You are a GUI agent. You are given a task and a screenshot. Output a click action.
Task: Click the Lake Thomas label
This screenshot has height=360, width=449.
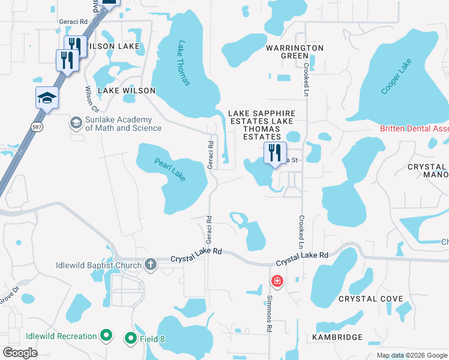[183, 63]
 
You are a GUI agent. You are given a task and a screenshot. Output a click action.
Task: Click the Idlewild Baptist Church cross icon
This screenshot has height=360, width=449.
[150, 265]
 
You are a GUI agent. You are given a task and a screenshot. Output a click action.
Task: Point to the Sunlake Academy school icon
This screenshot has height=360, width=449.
[76, 123]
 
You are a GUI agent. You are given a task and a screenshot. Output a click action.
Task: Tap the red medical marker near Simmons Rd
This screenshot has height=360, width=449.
[277, 280]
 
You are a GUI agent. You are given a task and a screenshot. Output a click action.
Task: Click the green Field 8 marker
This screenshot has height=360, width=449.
[130, 339]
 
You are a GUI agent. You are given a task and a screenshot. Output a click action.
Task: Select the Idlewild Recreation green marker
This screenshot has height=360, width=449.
[106, 336]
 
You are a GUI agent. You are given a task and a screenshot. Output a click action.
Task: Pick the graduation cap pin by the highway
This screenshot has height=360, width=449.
[47, 97]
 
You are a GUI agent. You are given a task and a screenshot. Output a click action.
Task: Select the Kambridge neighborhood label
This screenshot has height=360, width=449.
[337, 337]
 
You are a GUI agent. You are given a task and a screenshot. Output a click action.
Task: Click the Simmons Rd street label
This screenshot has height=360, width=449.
[268, 315]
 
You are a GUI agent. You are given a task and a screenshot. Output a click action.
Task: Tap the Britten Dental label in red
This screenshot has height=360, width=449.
[414, 129]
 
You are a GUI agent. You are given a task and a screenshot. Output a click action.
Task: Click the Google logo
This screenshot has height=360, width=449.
[20, 353]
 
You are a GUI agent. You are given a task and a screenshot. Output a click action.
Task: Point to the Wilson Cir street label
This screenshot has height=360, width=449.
[91, 100]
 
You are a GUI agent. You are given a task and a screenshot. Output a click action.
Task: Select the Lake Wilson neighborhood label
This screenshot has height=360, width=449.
[126, 91]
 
